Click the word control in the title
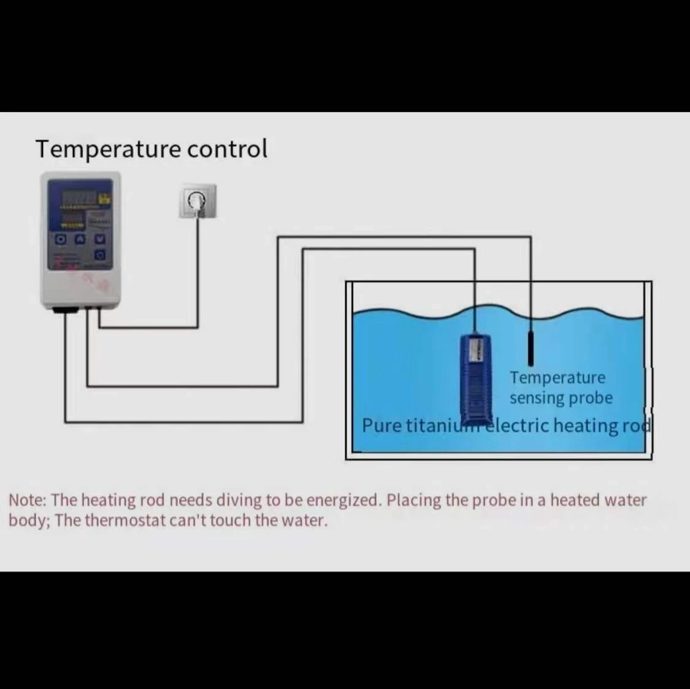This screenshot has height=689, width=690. [227, 149]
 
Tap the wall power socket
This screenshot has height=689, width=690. [197, 201]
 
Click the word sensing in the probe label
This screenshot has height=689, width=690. [536, 398]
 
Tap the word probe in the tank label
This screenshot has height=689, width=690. [590, 398]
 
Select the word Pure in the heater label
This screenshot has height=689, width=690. [382, 425]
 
